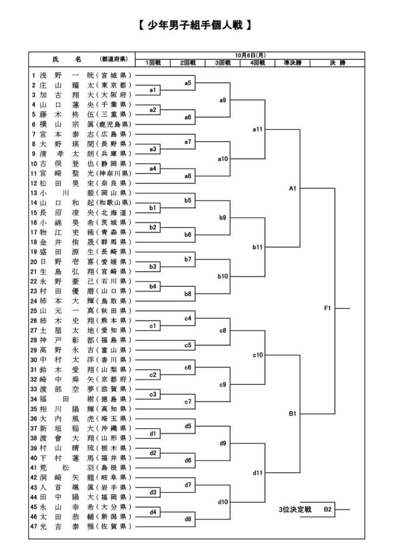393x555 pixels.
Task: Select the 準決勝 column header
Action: [x=293, y=63]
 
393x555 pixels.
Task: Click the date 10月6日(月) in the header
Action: [x=250, y=55]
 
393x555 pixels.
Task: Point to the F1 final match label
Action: [x=328, y=308]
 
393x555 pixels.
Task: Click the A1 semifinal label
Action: [x=292, y=188]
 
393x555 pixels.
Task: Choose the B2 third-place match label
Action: [x=328, y=509]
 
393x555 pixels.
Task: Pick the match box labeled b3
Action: [x=153, y=266]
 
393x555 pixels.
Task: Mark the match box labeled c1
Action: [x=153, y=325]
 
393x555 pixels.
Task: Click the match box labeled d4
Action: [x=153, y=511]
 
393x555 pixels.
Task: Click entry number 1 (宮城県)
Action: [x=81, y=75]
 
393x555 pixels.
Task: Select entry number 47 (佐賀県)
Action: [x=81, y=526]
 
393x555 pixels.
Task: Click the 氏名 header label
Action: [x=67, y=59]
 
